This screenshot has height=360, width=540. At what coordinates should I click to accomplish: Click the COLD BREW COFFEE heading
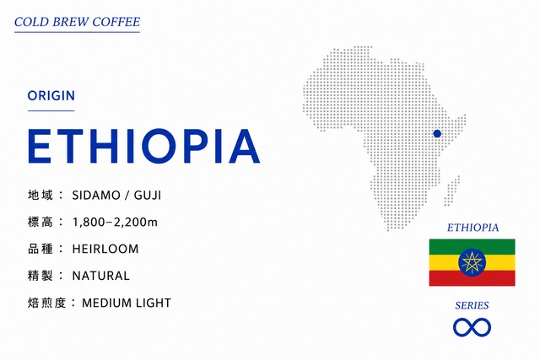(77, 22)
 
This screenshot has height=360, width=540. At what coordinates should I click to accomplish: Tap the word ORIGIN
(51, 95)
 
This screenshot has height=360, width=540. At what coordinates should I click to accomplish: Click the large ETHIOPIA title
(143, 146)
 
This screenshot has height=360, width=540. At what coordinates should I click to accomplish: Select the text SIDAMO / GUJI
(116, 196)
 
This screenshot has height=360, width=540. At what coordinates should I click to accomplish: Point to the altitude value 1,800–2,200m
(115, 223)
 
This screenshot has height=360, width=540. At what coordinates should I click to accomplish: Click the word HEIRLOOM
(105, 249)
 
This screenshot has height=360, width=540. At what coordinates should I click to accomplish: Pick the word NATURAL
(101, 276)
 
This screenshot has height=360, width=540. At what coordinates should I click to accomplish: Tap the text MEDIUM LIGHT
(127, 303)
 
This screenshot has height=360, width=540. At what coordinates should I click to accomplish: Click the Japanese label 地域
(40, 195)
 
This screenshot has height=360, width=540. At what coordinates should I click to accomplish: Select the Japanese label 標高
(40, 222)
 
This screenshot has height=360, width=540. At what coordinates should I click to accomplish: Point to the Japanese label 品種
(40, 249)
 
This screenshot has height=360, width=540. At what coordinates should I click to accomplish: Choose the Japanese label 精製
(40, 276)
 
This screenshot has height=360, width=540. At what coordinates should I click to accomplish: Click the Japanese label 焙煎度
(46, 303)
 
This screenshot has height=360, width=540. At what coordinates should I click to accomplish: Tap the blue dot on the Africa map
(437, 133)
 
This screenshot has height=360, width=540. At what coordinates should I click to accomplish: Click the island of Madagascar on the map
(452, 191)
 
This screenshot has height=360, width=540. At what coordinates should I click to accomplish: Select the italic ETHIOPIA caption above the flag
(472, 228)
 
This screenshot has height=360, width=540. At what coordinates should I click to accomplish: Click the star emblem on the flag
(472, 262)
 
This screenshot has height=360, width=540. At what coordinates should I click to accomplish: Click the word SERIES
(472, 305)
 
